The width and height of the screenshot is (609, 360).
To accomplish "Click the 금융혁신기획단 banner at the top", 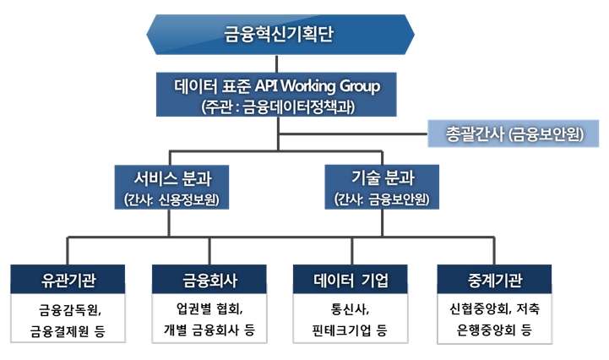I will tap(280, 35).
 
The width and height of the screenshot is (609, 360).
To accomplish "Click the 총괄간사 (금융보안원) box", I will tap(512, 133).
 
